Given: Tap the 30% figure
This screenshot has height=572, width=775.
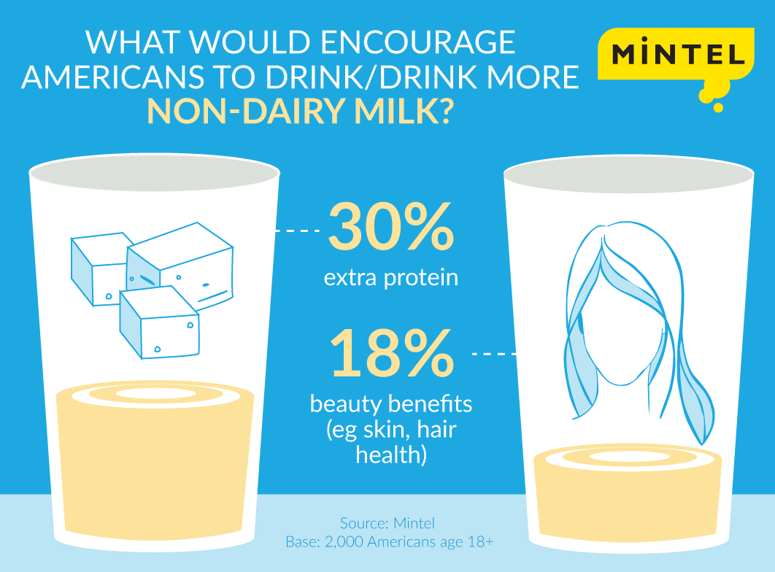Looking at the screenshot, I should (391, 228).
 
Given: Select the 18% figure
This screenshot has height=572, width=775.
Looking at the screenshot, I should (391, 354).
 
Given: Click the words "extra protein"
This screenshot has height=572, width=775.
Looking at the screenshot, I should (392, 278).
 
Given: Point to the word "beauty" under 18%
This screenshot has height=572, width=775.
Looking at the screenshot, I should (347, 404).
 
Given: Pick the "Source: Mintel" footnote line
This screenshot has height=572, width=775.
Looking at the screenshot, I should (387, 523).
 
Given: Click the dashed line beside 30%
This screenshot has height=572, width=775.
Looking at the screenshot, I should (296, 231).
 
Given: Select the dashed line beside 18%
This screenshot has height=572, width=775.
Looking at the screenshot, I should (495, 355).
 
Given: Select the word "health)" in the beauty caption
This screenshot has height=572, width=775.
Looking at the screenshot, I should (390, 455).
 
